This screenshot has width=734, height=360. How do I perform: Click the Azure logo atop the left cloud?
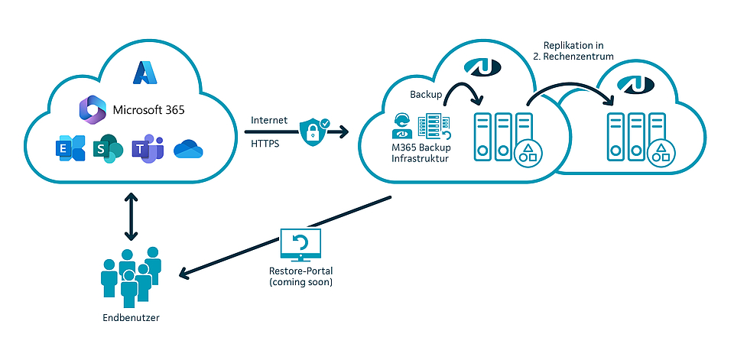click(x=144, y=71)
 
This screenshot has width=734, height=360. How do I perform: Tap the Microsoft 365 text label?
click(x=148, y=109)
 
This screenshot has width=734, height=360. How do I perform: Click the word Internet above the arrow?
click(x=269, y=120)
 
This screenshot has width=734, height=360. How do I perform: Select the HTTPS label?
click(x=266, y=142)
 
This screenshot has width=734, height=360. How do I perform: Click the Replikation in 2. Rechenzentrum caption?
click(x=578, y=51)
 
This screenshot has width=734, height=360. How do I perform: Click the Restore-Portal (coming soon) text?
click(x=301, y=276)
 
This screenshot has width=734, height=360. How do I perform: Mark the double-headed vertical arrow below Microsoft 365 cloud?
click(x=132, y=216)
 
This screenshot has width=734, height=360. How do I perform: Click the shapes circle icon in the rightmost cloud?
click(x=660, y=153)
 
